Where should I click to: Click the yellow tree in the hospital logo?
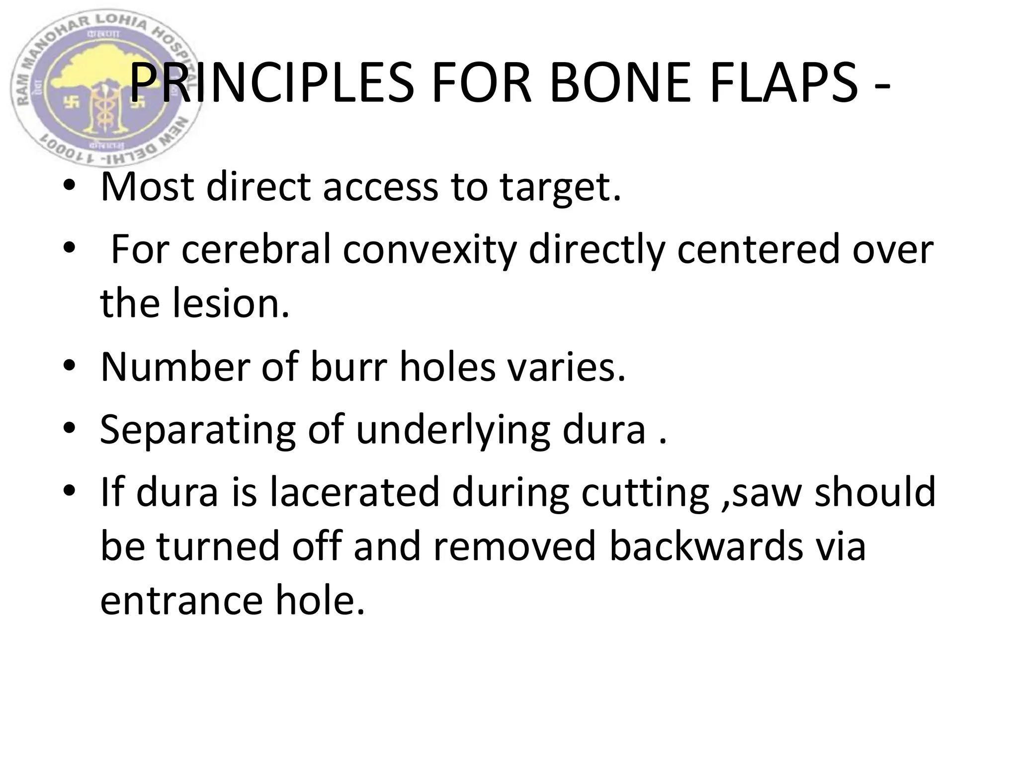94,75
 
